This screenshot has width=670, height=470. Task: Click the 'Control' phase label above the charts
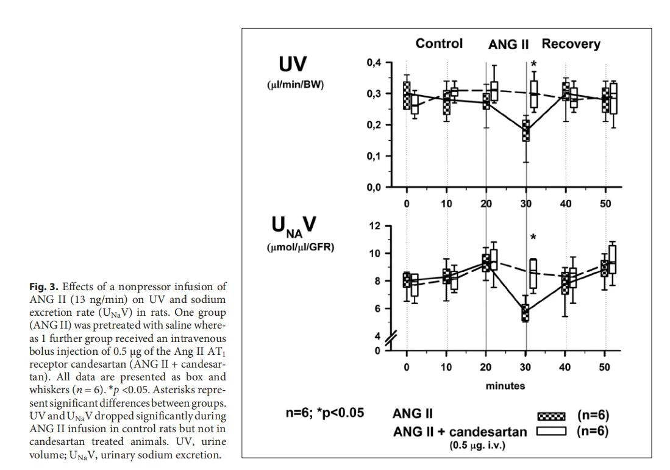click(439, 44)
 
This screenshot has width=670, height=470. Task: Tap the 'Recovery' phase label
click(571, 44)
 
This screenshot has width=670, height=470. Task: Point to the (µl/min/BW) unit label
click(296, 85)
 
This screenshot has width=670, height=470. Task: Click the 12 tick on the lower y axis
click(376, 226)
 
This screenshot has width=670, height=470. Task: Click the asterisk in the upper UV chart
click(534, 65)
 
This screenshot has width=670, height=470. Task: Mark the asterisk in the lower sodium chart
click(533, 237)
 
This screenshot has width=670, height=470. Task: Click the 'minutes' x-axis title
click(505, 386)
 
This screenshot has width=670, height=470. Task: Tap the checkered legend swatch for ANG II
click(552, 416)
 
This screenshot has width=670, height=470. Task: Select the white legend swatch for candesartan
click(552, 432)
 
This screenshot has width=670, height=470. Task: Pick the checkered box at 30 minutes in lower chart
click(526, 313)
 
